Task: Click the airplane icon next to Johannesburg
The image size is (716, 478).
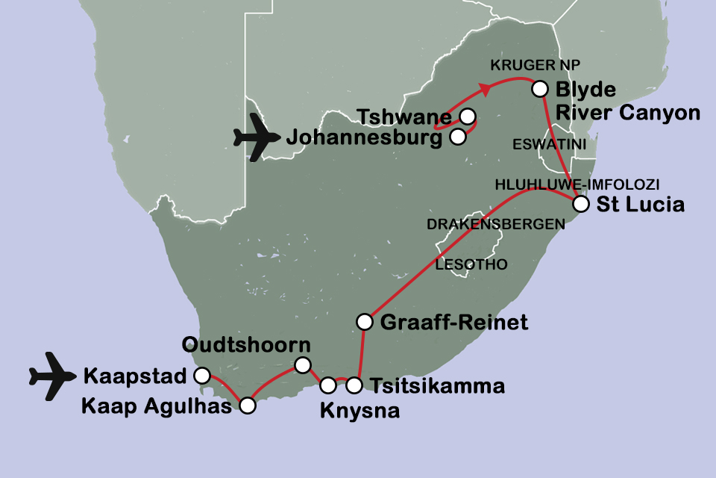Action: (256, 137)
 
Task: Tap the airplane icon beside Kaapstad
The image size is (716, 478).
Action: (53, 374)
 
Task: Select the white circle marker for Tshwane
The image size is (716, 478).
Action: (467, 117)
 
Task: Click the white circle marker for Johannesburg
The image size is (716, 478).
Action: (458, 136)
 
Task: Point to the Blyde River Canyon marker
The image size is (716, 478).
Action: (539, 90)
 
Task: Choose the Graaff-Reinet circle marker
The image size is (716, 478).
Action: (365, 322)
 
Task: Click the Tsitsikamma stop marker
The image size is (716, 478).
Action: (354, 385)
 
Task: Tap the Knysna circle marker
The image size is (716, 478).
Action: (328, 385)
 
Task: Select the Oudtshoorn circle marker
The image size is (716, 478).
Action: (302, 364)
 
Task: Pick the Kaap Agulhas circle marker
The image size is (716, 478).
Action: (247, 406)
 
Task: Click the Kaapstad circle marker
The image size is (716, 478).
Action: (201, 375)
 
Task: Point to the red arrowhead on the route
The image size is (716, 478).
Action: (486, 90)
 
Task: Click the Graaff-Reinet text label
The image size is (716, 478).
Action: (453, 323)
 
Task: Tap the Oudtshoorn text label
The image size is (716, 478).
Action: (246, 346)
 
